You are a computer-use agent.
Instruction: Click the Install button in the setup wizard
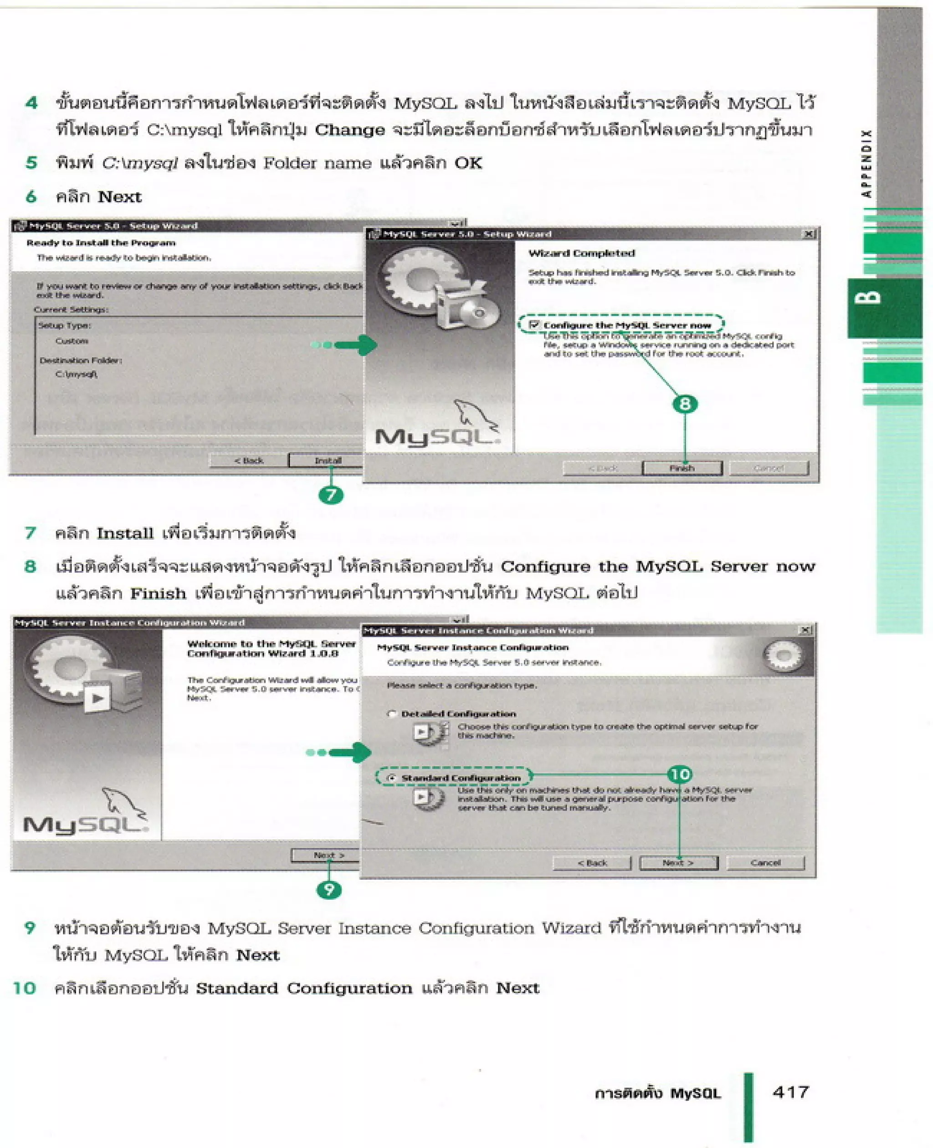tap(327, 461)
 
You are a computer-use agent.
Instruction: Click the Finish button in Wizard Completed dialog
tap(682, 468)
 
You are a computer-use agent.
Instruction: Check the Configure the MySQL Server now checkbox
tap(533, 325)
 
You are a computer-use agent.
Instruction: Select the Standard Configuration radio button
tap(392, 778)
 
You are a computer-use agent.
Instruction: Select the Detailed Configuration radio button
tap(392, 714)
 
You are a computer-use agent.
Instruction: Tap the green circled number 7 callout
tap(331, 494)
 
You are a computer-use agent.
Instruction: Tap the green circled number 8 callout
tap(685, 404)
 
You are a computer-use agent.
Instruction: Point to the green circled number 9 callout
tap(329, 890)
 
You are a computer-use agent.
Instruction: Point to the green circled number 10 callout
tap(679, 774)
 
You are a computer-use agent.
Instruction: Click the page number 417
tap(790, 1092)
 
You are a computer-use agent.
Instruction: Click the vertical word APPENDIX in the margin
tap(866, 164)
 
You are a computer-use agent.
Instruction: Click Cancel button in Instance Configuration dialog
tap(765, 863)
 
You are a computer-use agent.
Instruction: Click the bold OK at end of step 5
tap(468, 163)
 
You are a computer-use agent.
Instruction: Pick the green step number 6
tap(31, 197)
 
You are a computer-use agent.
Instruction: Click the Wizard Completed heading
tap(581, 253)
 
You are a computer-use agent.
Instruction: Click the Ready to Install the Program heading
tap(101, 243)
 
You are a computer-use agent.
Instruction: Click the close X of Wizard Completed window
tap(808, 234)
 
